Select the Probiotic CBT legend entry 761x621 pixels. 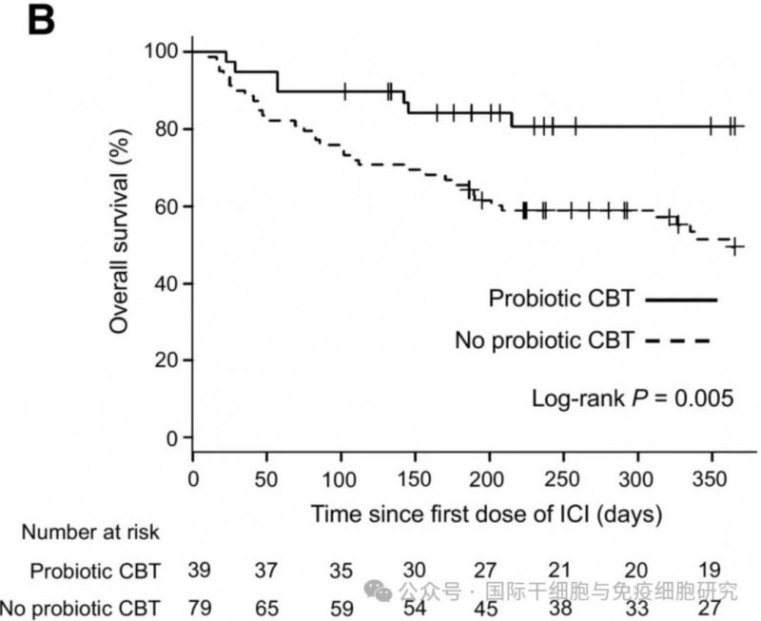tap(562, 300)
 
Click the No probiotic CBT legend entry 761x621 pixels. tap(545, 340)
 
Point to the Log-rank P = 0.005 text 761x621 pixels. tap(632, 398)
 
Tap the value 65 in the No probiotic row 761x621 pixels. tap(266, 606)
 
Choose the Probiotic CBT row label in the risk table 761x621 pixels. tap(95, 572)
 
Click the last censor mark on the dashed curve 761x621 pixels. tap(733, 247)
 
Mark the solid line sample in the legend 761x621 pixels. tap(681, 300)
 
